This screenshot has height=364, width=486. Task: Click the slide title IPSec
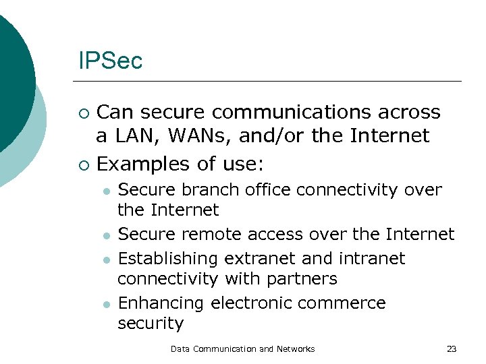(x=110, y=61)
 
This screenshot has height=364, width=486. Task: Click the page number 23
(x=452, y=349)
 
